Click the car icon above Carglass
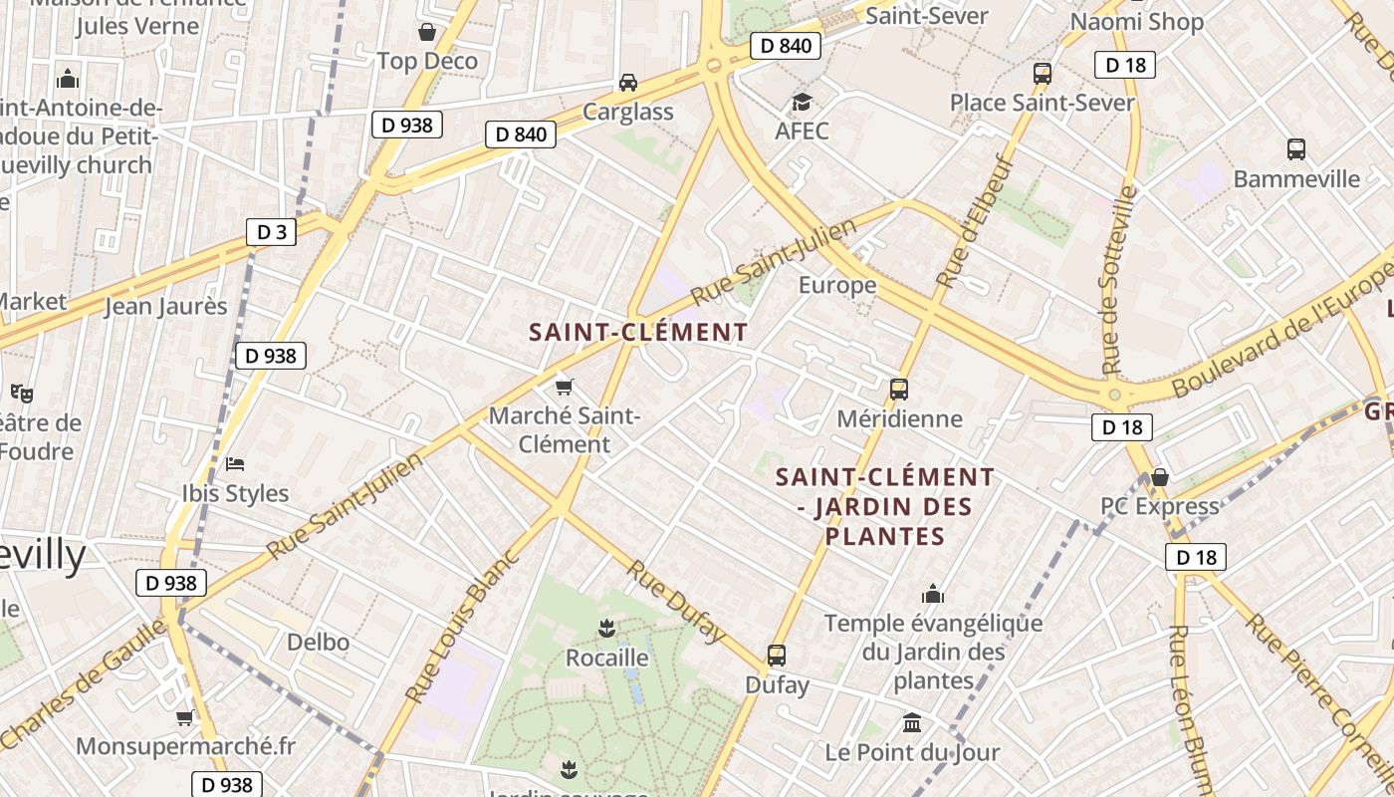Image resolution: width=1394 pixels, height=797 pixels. point(628,82)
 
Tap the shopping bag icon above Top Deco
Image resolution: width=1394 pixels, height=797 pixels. point(427,33)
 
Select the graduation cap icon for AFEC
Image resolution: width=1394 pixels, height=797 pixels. point(802,102)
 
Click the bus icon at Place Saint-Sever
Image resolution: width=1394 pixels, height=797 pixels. point(1043,73)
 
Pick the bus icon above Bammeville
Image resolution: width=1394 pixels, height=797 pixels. point(1295,149)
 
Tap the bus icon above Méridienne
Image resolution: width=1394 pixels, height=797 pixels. point(899,390)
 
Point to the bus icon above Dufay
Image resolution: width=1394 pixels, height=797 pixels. point(777,656)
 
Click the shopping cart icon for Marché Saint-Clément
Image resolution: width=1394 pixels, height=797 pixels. point(565,387)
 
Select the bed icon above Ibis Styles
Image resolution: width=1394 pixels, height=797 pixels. point(235,463)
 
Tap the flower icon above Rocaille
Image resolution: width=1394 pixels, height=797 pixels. point(606,628)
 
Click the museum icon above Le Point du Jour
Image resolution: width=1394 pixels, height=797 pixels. point(912,722)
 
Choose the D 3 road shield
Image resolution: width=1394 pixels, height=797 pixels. point(272,232)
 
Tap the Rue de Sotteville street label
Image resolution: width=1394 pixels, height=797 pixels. point(1120,280)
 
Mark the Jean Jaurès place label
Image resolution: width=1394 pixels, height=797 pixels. point(166,306)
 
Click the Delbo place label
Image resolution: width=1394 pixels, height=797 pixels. point(318,642)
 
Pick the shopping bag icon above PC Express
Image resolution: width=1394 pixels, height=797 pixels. point(1159,477)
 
